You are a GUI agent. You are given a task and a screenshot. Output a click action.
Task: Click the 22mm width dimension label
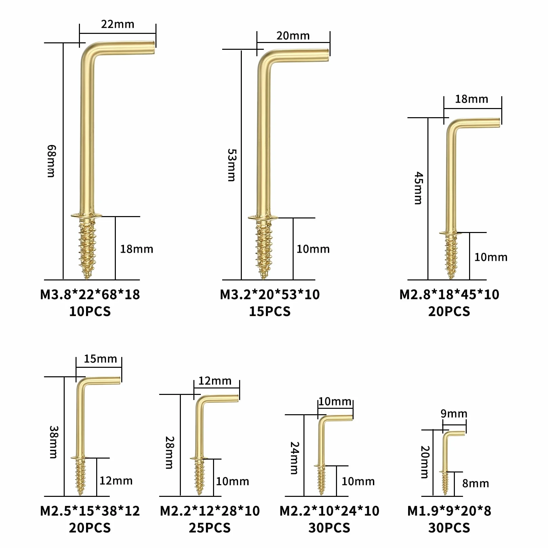click(118, 24)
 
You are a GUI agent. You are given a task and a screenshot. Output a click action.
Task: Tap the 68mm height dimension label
click(51, 161)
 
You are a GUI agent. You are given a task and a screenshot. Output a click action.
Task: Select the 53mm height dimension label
click(232, 165)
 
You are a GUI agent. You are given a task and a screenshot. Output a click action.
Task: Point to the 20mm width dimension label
click(293, 36)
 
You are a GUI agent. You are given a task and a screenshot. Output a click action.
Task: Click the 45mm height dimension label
click(419, 188)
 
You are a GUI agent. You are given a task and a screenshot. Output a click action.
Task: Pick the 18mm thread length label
click(136, 249)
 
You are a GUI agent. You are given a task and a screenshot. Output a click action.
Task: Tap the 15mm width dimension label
click(100, 359)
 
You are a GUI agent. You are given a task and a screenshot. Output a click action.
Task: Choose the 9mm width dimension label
click(454, 414)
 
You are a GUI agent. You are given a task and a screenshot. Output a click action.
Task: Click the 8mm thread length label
click(476, 484)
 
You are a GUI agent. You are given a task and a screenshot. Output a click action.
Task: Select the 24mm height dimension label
click(295, 458)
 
